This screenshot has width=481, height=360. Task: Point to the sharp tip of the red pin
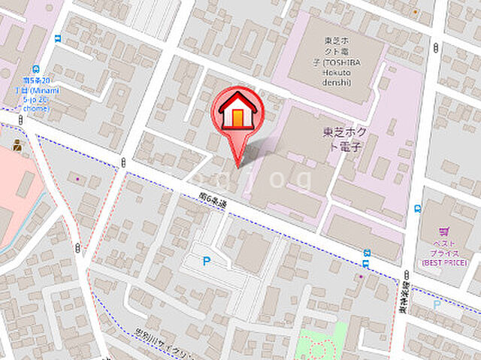[x=239, y=166]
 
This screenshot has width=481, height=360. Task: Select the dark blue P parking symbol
[x=207, y=261]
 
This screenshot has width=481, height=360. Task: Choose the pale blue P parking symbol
[x=437, y=304]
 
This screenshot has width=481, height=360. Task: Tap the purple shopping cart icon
[x=443, y=233]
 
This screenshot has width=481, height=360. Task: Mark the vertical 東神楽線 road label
[x=404, y=296]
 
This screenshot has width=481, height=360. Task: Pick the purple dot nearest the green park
[x=361, y=277]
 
